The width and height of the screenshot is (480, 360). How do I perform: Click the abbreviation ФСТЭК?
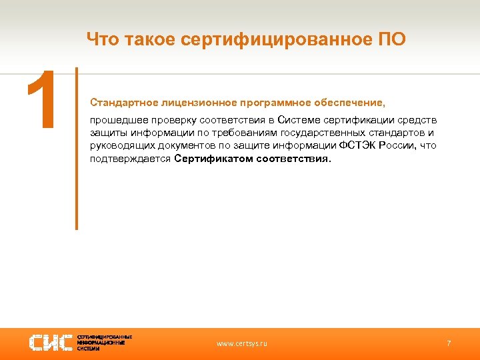click(357, 146)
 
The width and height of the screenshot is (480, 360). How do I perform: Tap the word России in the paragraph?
click(397, 146)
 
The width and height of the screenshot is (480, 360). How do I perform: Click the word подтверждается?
click(131, 159)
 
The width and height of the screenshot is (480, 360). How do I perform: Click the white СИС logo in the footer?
click(51, 343)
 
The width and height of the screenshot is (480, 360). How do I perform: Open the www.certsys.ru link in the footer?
click(242, 343)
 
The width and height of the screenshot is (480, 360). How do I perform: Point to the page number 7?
click(449, 343)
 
